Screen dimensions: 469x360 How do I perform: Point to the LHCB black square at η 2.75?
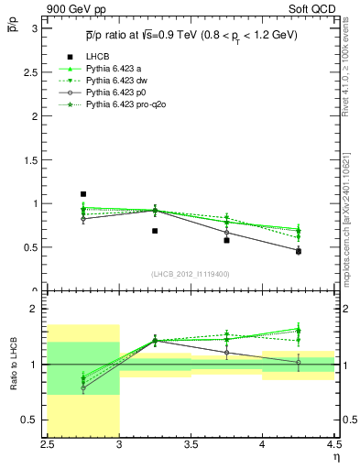(x=83, y=194)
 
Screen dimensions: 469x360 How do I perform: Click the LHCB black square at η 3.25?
(x=155, y=231)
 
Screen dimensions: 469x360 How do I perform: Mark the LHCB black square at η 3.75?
(x=226, y=240)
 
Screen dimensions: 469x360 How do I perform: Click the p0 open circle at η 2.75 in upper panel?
(x=83, y=219)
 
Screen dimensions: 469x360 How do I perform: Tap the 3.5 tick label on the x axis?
(x=191, y=445)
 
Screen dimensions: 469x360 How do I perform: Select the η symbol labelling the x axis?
(x=336, y=457)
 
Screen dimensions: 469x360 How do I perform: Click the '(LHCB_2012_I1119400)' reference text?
(x=190, y=274)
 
